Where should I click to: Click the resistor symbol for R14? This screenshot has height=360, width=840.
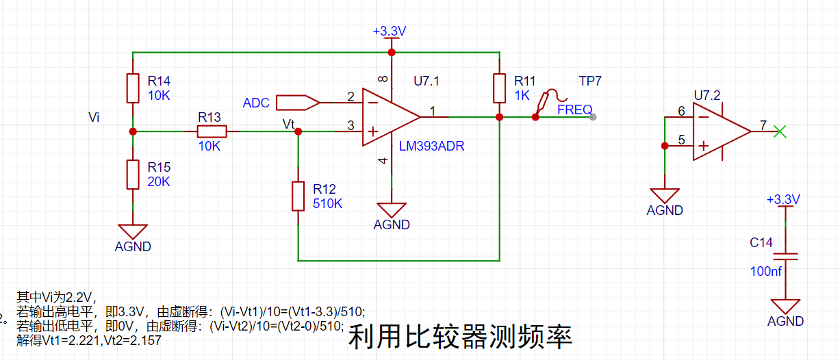point(133,88)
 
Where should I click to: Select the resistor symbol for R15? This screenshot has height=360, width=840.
point(133,175)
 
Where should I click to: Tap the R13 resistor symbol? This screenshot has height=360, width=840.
point(212,131)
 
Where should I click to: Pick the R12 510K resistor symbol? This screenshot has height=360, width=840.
point(298,196)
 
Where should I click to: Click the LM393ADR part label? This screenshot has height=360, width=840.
point(432,146)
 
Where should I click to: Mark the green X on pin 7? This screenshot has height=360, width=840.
point(778,131)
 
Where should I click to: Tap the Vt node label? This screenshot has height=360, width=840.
point(289,124)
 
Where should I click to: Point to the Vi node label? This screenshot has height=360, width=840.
point(94,118)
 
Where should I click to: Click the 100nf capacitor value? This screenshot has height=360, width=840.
point(766,271)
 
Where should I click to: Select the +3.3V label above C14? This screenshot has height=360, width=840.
point(783,199)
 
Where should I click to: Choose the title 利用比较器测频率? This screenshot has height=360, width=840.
point(460,337)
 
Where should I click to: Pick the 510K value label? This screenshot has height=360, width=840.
point(327,203)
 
